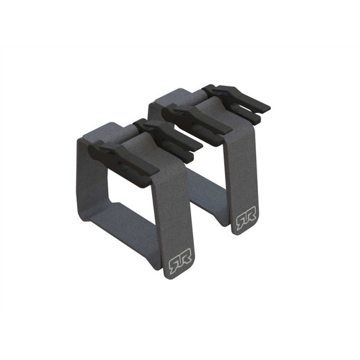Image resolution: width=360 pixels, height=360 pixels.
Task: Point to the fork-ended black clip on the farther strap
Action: (236, 99)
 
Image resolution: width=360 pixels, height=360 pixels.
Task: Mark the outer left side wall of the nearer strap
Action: (87, 176)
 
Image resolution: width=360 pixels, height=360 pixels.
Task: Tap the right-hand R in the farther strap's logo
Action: (251, 221)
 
